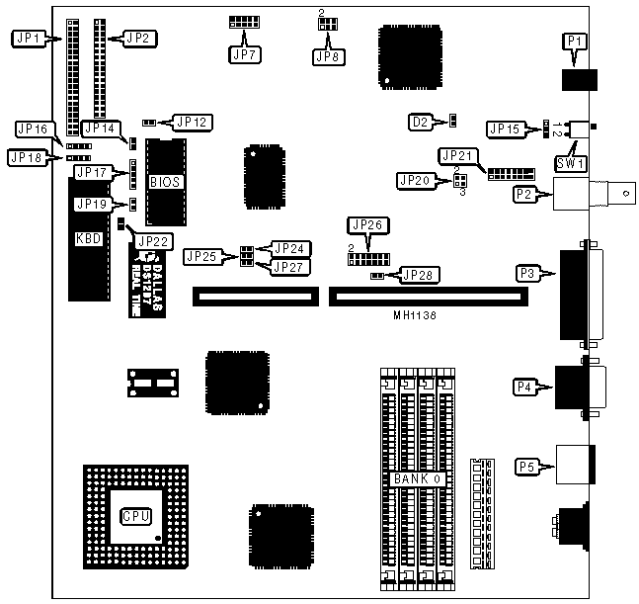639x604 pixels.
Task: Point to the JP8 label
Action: pos(327,56)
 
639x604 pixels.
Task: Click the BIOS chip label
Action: pos(163,182)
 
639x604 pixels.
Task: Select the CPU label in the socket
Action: pos(135,515)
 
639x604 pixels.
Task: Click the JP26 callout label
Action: pos(366,225)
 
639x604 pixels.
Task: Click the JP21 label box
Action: pos(458,155)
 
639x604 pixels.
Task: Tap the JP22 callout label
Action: pos(153,239)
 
